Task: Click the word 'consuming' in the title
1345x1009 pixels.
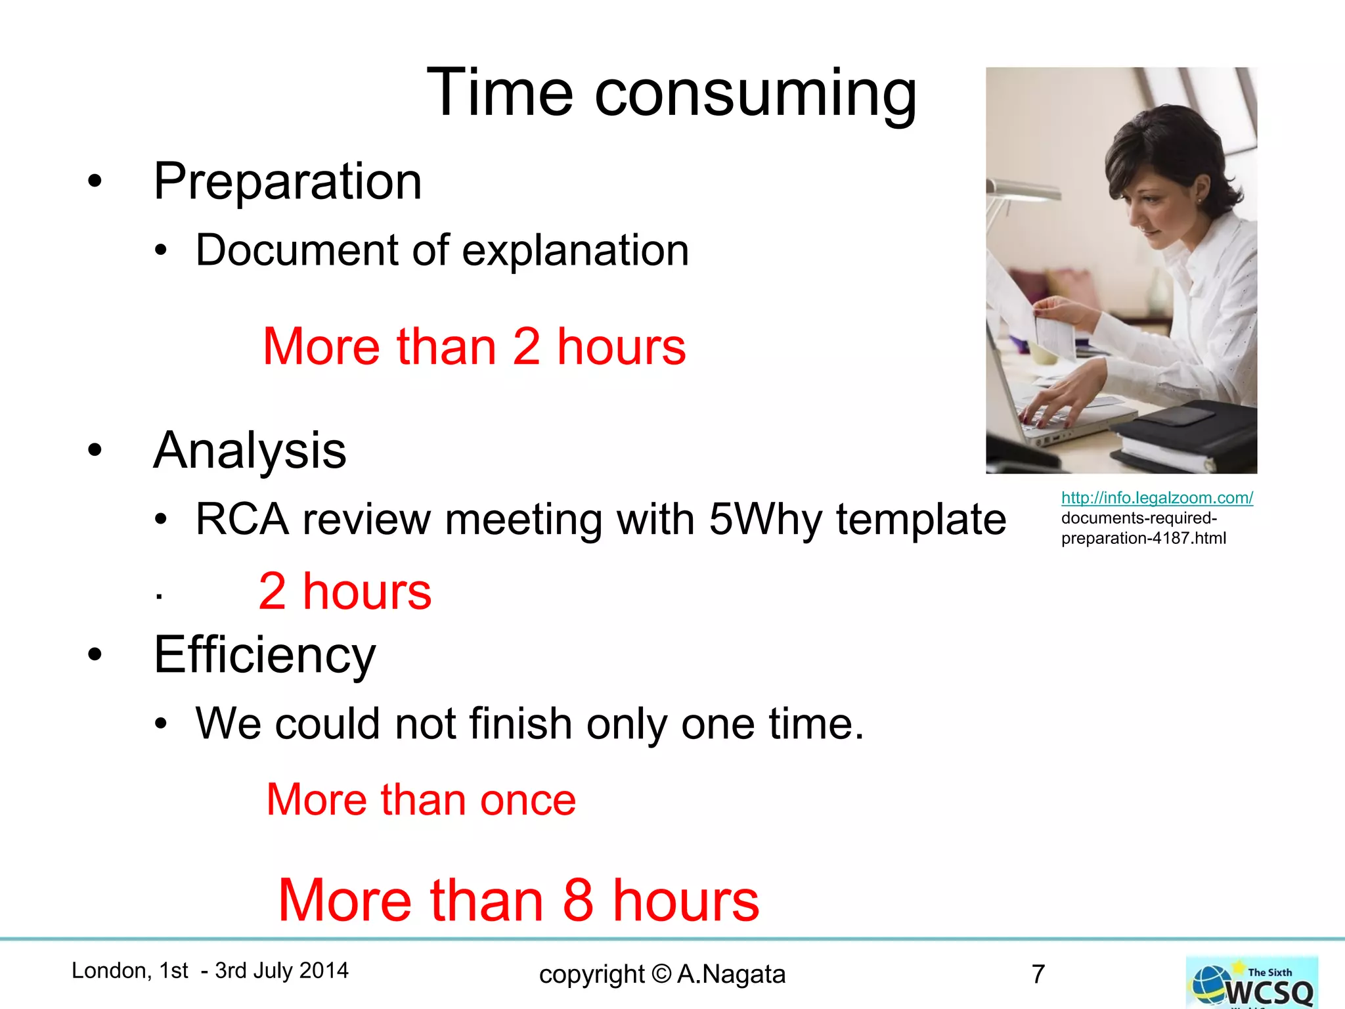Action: coord(755,94)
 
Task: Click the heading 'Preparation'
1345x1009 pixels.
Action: coord(287,181)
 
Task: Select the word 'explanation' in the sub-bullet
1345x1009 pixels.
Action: coord(575,250)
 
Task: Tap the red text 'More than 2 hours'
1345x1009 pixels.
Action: coord(474,346)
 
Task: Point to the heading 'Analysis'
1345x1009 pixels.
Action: coord(250,451)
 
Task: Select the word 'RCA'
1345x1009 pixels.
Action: coord(242,520)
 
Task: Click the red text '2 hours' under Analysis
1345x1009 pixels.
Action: coord(345,591)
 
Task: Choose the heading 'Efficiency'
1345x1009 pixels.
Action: coord(265,655)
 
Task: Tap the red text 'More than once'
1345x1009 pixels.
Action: coord(421,799)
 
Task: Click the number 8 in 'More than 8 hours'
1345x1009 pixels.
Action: coord(578,900)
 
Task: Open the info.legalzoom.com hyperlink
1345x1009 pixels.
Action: coord(1157,498)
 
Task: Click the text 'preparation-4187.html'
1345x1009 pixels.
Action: coord(1143,539)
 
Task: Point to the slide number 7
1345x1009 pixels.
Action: coord(1038,974)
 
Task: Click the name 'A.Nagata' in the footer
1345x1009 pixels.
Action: coord(731,974)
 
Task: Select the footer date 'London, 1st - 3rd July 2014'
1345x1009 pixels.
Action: coord(209,970)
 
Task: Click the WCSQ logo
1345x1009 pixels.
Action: coord(1252,983)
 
